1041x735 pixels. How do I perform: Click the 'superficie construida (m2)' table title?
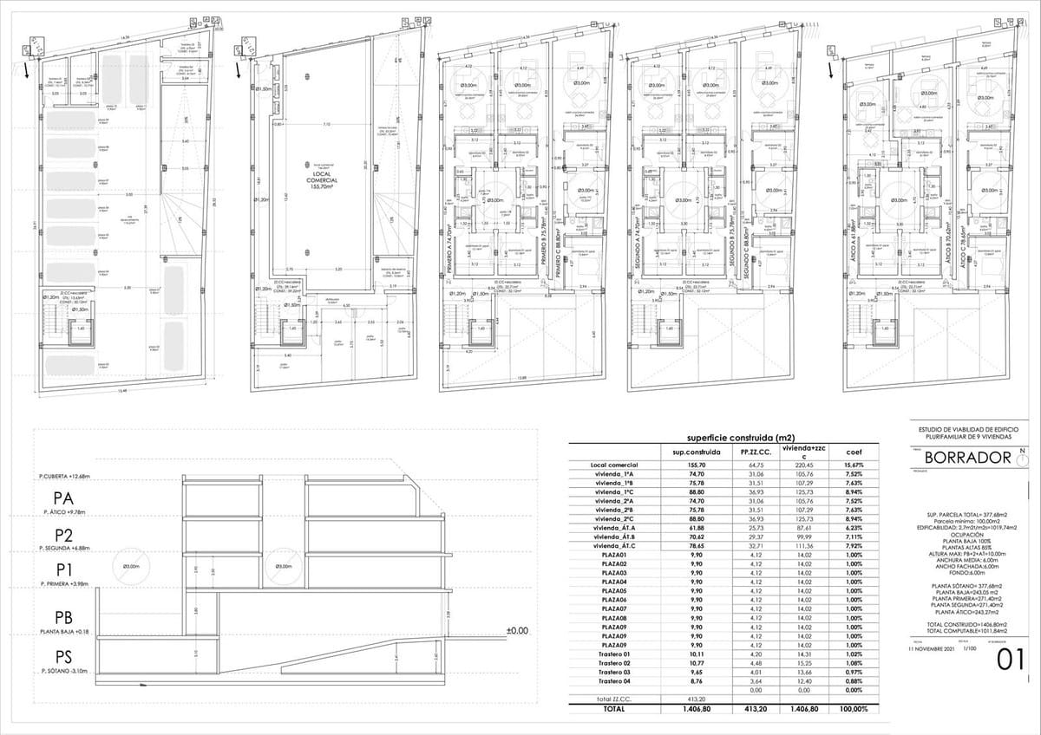point(723,438)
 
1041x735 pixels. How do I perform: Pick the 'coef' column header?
point(853,452)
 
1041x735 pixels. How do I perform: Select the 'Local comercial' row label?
point(613,465)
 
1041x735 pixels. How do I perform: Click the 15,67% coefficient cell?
point(853,465)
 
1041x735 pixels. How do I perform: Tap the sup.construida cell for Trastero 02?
point(691,663)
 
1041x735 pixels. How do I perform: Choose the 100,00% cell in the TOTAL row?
point(853,709)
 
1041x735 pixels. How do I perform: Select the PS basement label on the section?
point(62,657)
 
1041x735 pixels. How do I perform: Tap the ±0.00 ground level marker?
point(517,630)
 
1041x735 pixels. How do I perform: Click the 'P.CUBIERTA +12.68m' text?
point(74,476)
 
